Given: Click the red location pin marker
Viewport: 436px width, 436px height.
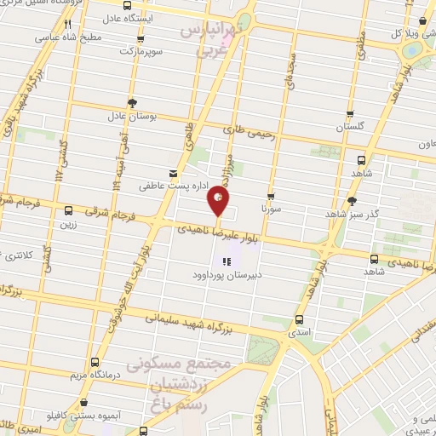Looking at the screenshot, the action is click(219, 202).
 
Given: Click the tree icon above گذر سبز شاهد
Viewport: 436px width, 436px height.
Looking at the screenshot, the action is click(353, 201).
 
